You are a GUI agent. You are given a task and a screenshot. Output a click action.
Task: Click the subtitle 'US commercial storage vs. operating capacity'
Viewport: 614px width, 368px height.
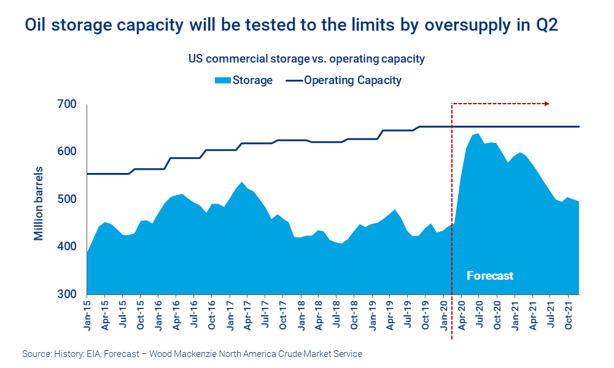pyautogui.click(x=306, y=59)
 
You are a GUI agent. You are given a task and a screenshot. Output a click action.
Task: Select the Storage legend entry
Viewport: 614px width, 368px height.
pyautogui.click(x=243, y=80)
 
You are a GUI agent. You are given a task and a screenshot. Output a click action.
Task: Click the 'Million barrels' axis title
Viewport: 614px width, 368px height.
pyautogui.click(x=39, y=202)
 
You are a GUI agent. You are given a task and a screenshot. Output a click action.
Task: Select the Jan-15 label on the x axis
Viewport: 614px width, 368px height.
pyautogui.click(x=88, y=313)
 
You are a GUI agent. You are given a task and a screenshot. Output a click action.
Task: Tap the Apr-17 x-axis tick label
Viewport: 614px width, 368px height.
pyautogui.click(x=247, y=313)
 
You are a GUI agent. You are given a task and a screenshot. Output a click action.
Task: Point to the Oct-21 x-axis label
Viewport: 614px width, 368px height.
pyautogui.click(x=569, y=313)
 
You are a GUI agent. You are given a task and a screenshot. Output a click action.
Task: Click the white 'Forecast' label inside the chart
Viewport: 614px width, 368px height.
pyautogui.click(x=489, y=275)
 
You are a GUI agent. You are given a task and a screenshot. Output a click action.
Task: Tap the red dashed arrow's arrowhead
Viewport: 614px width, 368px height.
pyautogui.click(x=546, y=104)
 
